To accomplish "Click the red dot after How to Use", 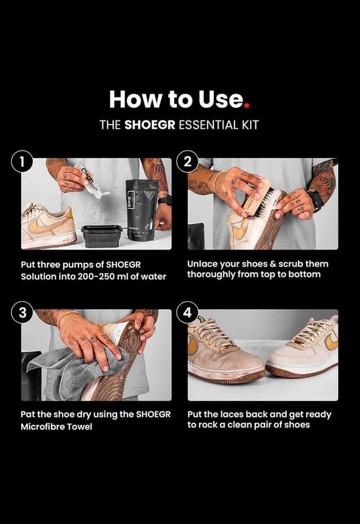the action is tap(247, 105).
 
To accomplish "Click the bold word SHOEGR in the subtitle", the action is tap(150, 125).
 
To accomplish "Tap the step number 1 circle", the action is tap(22, 162).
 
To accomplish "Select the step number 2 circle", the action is tap(187, 162).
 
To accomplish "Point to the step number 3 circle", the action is tap(22, 312).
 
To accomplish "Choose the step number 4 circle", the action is tap(187, 312).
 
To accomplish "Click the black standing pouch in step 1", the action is tap(141, 210).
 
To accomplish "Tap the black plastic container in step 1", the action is tap(102, 236).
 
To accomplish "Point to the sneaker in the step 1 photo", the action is tap(48, 226).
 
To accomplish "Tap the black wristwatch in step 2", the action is tap(315, 200).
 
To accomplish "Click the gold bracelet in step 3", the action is tap(68, 317).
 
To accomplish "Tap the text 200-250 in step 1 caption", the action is tap(96, 276).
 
